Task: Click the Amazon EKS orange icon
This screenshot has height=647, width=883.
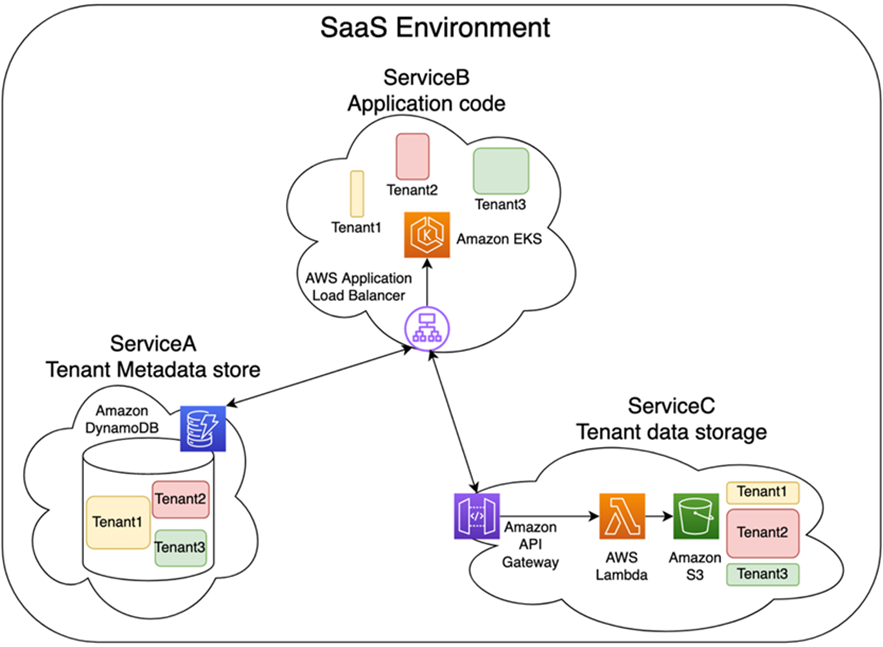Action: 427,235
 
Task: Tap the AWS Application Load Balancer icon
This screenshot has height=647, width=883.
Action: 427,328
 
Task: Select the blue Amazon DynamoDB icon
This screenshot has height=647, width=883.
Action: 203,429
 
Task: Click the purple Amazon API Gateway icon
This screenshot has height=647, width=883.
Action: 477,516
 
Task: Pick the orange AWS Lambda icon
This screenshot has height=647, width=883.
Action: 622,516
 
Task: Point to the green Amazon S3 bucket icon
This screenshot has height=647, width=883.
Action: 696,516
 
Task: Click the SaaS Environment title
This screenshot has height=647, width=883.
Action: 435,28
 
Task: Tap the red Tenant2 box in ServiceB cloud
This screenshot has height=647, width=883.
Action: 413,157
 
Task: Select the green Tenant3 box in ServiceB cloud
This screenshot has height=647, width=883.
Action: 501,171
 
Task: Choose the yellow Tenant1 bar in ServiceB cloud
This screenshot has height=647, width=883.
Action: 357,194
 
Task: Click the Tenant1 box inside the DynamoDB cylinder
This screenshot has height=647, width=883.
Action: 118,523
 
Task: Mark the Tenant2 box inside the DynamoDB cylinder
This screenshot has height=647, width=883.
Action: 181,499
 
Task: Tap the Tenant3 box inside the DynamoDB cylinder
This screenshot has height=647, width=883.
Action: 181,548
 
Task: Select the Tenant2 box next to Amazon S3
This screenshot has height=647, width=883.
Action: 763,533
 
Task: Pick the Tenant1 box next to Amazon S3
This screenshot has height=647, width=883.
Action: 763,493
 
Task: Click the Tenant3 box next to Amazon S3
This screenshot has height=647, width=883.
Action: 763,574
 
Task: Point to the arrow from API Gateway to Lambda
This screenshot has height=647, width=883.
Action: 550,516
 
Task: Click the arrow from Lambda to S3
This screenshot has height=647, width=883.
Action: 659,516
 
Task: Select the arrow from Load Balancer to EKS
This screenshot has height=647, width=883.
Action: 427,282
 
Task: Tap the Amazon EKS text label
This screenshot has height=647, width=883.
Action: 499,239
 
